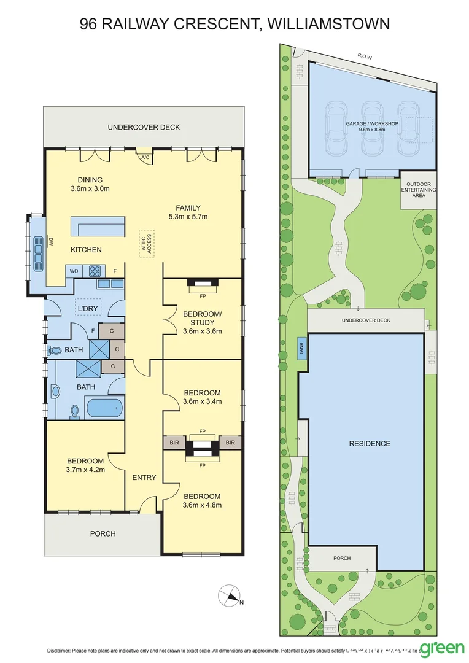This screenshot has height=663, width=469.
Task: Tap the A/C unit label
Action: [x=145, y=158]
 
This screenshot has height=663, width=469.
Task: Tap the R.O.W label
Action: [x=366, y=56]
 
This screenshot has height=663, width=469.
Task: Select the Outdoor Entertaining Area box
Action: [x=418, y=190]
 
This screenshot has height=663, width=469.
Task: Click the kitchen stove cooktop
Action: [x=96, y=270]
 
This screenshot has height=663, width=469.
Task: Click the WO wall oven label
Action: [x=74, y=270]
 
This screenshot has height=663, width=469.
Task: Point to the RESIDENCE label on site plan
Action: [x=370, y=443]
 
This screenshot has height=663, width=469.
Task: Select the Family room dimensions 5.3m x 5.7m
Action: [x=188, y=217]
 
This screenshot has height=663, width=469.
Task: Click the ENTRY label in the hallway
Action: [x=144, y=478]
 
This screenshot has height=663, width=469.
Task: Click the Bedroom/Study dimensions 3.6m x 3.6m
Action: [x=202, y=331]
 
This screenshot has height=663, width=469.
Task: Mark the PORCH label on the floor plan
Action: [x=103, y=533]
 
